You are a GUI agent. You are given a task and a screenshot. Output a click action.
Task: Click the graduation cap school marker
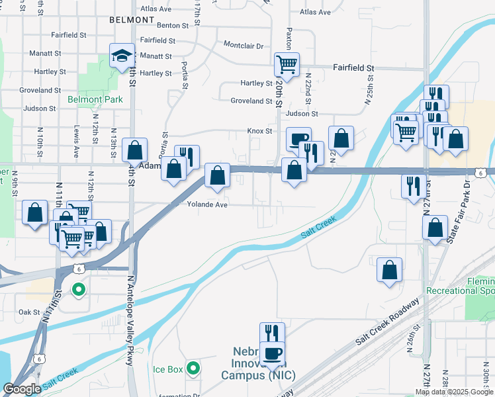[x=122, y=56]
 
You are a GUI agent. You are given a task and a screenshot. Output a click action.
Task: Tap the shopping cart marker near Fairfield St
[x=287, y=65]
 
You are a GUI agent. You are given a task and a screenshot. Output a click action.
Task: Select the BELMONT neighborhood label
[x=132, y=21]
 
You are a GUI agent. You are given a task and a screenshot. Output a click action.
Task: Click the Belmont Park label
[x=95, y=100]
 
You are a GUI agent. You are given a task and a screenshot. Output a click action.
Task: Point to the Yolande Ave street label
[x=207, y=204]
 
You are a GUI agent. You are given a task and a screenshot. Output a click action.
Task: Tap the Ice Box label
[x=167, y=369]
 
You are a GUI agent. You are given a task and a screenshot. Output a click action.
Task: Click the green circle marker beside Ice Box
[x=193, y=368]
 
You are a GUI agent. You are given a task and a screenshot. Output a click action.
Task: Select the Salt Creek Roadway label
[x=388, y=321]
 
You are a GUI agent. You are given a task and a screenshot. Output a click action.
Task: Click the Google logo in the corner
[x=22, y=389]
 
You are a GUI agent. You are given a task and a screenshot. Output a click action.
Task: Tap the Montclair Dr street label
[x=244, y=46]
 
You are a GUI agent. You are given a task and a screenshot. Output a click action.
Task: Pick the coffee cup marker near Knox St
[x=298, y=140]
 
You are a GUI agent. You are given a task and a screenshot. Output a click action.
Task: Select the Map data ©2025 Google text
[x=454, y=392]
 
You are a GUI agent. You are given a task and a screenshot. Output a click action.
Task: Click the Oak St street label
[x=30, y=312]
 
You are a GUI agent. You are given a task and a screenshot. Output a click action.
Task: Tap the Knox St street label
[x=260, y=131]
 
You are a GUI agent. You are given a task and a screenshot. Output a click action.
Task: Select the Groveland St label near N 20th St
[x=251, y=101]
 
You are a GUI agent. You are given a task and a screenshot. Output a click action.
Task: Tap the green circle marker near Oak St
[x=78, y=289]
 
